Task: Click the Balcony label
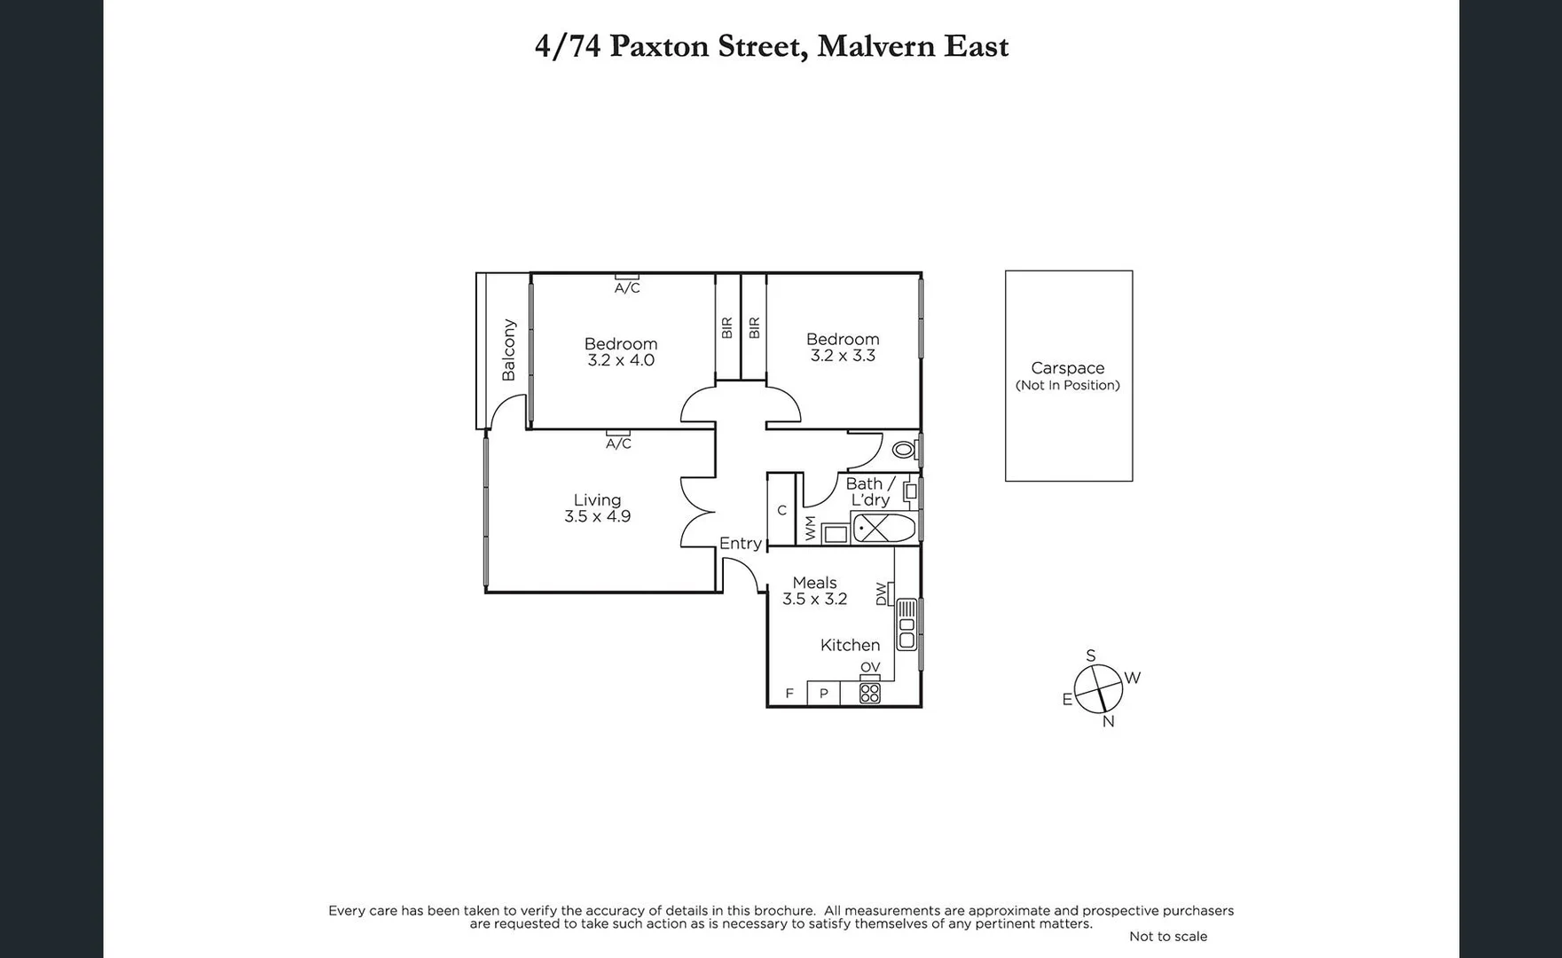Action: pyautogui.click(x=508, y=349)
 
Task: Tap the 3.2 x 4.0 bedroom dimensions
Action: pyautogui.click(x=621, y=361)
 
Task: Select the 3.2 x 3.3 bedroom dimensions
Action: pyautogui.click(x=843, y=356)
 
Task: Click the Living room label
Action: pyautogui.click(x=597, y=500)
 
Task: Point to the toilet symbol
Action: pyautogui.click(x=904, y=450)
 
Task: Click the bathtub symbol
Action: pyautogui.click(x=883, y=529)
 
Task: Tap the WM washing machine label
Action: pyautogui.click(x=811, y=529)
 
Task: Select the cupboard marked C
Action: pyautogui.click(x=781, y=510)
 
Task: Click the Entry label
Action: pyautogui.click(x=740, y=543)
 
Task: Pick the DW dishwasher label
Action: pyautogui.click(x=881, y=593)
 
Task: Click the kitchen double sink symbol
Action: pyautogui.click(x=907, y=624)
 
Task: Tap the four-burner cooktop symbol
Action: pyautogui.click(x=869, y=693)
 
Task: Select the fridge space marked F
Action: pyautogui.click(x=789, y=694)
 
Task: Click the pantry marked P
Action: pyautogui.click(x=824, y=694)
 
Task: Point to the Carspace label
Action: pyautogui.click(x=1067, y=368)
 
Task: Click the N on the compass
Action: pyautogui.click(x=1108, y=722)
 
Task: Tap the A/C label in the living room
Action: pyautogui.click(x=618, y=444)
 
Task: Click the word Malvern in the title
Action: pyautogui.click(x=875, y=46)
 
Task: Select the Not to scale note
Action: pyautogui.click(x=1167, y=937)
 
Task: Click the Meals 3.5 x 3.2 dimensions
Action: pyautogui.click(x=814, y=600)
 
